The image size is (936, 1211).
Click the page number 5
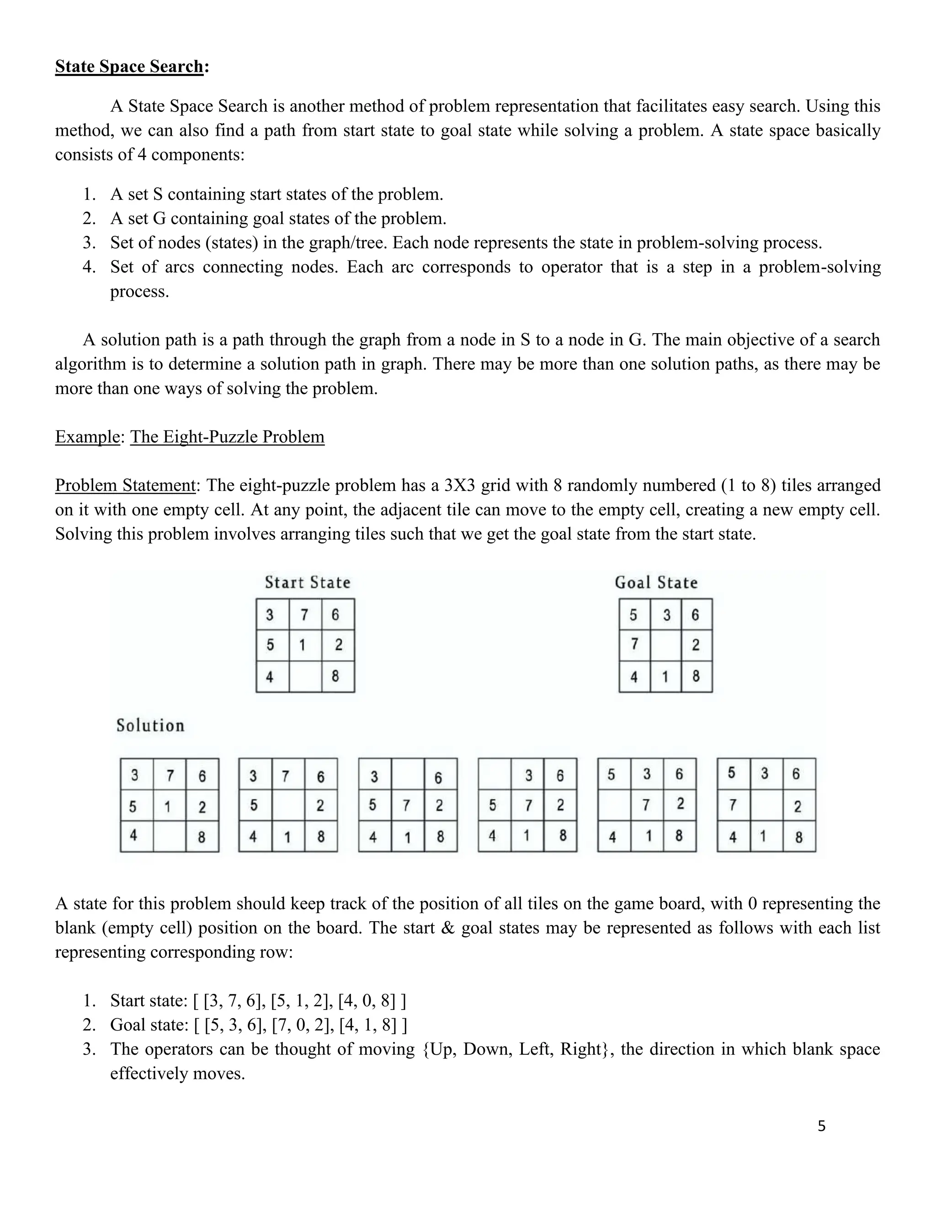click(821, 1126)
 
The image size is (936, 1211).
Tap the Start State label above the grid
click(307, 582)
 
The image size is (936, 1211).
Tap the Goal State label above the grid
click(656, 582)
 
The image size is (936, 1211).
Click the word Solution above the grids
click(150, 725)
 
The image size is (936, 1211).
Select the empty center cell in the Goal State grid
click(665, 645)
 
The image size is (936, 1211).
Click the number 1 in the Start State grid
click(302, 645)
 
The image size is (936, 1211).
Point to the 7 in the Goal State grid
click(634, 644)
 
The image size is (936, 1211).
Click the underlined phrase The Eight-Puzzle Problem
click(227, 437)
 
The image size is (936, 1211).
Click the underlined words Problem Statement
click(125, 485)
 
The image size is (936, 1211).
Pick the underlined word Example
click(87, 437)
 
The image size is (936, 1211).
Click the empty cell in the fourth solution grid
click(494, 774)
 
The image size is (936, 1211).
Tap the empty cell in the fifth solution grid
click(614, 805)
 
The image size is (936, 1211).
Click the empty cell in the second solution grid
click(288, 805)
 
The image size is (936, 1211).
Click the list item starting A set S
click(276, 195)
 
